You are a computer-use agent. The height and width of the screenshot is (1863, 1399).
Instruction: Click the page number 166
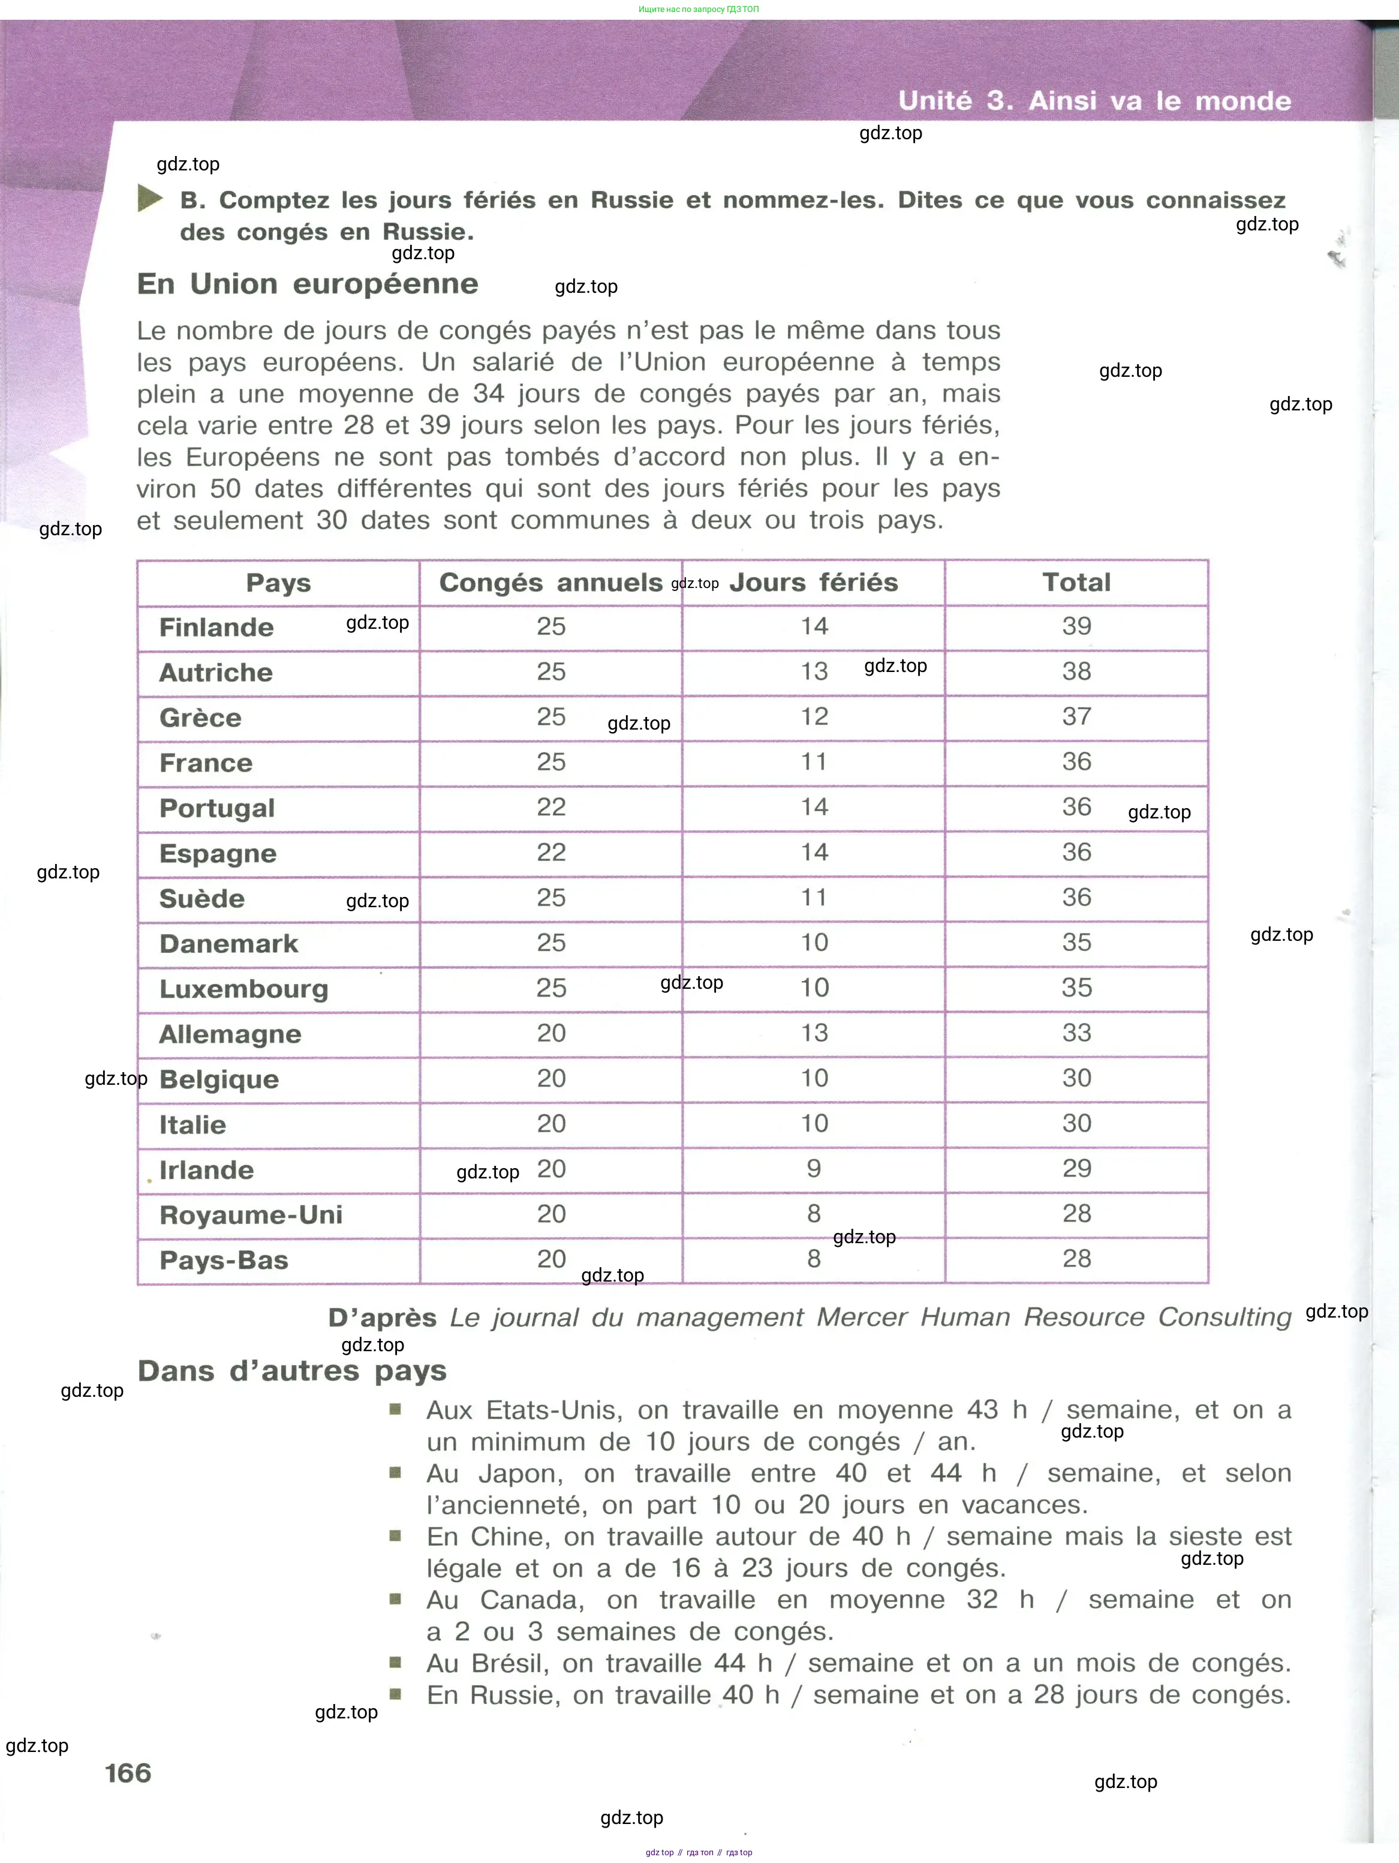tap(128, 1773)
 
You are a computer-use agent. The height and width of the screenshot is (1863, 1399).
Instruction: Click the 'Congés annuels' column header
tap(550, 582)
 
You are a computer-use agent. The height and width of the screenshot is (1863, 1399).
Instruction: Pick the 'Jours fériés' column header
tap(813, 582)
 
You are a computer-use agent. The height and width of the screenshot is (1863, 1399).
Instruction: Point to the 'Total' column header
tap(1076, 582)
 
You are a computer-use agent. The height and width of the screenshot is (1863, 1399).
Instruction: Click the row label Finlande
tap(216, 628)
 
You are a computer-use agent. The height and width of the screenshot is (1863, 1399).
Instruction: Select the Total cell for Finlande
tap(1076, 626)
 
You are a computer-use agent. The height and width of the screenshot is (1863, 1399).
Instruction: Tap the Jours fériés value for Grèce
tap(814, 717)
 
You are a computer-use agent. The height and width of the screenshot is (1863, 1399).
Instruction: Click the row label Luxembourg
tap(243, 989)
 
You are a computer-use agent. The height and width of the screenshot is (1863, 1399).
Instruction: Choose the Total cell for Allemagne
tap(1076, 1033)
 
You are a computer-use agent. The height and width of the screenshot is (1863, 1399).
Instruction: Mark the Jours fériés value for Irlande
tap(813, 1168)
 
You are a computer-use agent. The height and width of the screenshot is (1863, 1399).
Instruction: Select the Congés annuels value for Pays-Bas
tap(551, 1259)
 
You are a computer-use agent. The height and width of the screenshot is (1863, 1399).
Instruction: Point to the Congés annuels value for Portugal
tap(551, 807)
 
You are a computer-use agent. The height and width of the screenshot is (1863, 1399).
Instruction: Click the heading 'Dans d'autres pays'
tap(291, 1370)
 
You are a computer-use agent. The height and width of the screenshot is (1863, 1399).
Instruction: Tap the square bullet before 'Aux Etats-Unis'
tap(395, 1408)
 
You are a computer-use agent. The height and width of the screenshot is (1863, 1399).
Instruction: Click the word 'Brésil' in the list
tap(509, 1663)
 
